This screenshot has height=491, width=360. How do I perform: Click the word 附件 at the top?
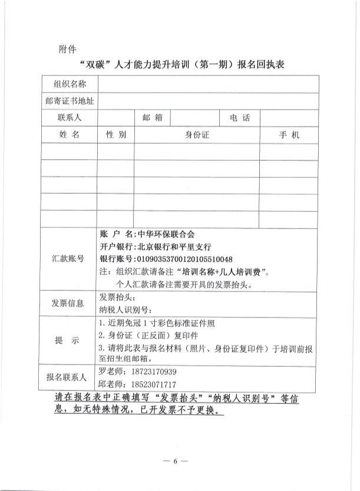pyautogui.click(x=68, y=48)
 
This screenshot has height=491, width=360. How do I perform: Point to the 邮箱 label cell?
pyautogui.click(x=153, y=118)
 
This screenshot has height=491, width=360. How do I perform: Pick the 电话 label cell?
pyautogui.click(x=240, y=118)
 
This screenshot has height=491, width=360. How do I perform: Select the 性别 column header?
pyautogui.click(x=116, y=135)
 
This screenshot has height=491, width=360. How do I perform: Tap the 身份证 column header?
pyautogui.click(x=197, y=135)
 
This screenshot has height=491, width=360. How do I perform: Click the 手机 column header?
pyautogui.click(x=289, y=135)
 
